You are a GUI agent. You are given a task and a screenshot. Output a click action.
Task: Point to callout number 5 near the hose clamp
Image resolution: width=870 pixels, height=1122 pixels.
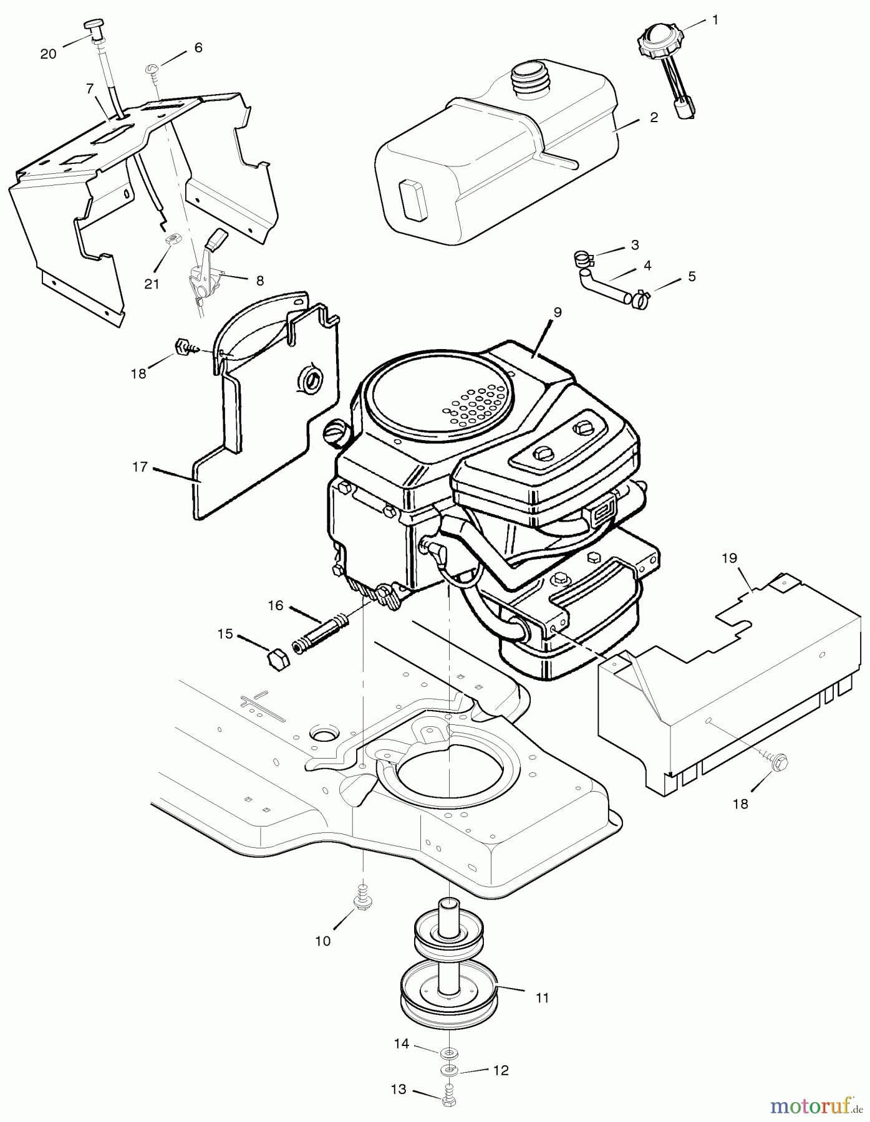coord(692,276)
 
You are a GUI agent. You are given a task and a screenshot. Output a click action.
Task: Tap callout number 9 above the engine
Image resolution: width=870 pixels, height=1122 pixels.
coord(558,312)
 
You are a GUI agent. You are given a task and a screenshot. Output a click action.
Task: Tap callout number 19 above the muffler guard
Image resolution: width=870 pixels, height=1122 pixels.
coord(729,558)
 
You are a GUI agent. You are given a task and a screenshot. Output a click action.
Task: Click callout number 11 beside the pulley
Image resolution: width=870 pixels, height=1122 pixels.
coord(542,998)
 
